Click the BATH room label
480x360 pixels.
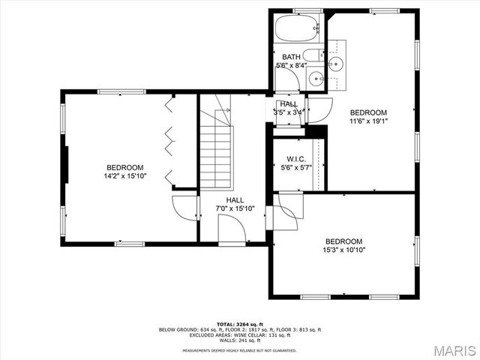(x=290, y=57)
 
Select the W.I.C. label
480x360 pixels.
(x=293, y=159)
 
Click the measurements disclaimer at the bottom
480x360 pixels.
(x=240, y=350)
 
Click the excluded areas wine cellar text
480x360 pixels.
(x=240, y=334)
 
